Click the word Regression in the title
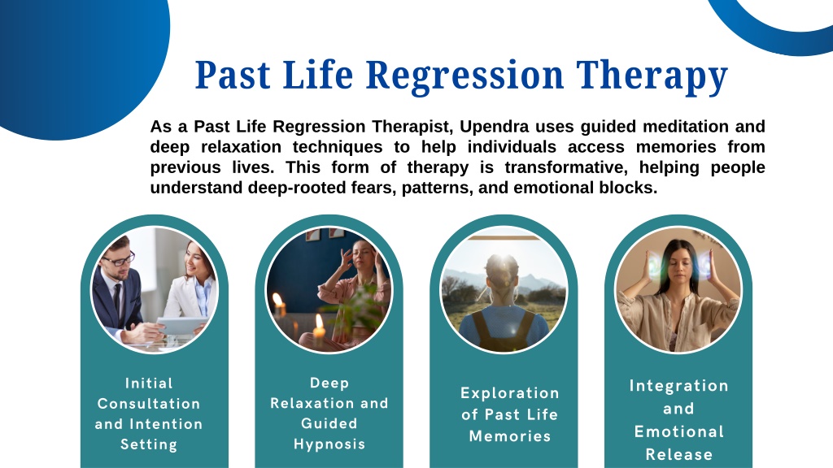click(x=464, y=76)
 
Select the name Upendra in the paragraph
click(x=494, y=128)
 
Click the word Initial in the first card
click(x=149, y=383)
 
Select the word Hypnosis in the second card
click(x=329, y=444)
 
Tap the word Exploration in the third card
click(x=510, y=393)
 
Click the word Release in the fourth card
click(x=679, y=455)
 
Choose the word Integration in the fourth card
click(x=679, y=386)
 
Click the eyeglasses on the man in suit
click(x=119, y=259)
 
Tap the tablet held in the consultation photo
click(x=181, y=325)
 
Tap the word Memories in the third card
click(x=510, y=436)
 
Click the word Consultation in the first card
click(x=149, y=404)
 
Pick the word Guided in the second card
click(x=329, y=423)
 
